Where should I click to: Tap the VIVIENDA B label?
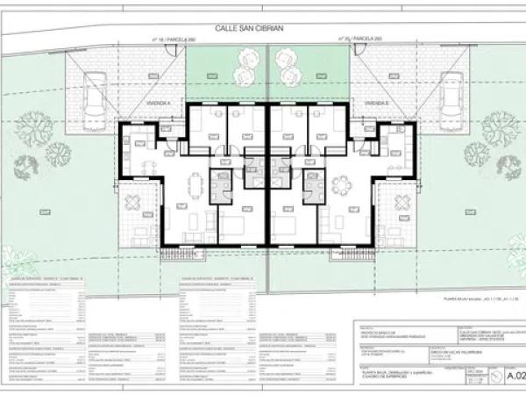[x=377, y=103]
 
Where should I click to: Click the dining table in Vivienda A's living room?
[x=195, y=185]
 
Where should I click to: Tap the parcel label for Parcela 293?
[x=360, y=40]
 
